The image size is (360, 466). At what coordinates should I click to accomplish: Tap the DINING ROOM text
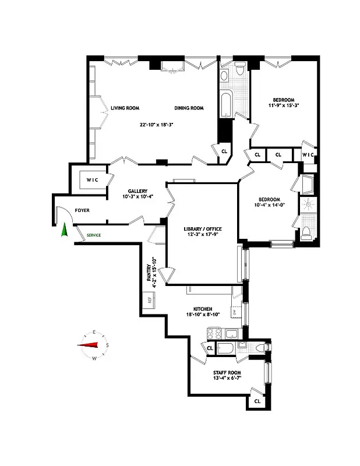pyautogui.click(x=188, y=108)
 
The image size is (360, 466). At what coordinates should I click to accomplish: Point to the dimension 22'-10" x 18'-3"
pyautogui.click(x=157, y=124)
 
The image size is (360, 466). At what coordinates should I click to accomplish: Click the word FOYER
pyautogui.click(x=82, y=210)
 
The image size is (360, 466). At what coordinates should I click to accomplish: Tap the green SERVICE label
pyautogui.click(x=94, y=235)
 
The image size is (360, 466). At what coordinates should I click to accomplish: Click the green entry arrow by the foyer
pyautogui.click(x=64, y=232)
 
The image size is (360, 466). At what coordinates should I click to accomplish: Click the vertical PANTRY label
pyautogui.click(x=150, y=274)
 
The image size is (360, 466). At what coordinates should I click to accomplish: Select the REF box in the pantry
pyautogui.click(x=150, y=301)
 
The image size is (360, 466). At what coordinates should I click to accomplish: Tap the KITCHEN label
pyautogui.click(x=202, y=309)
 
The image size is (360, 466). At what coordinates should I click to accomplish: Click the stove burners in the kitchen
pyautogui.click(x=213, y=334)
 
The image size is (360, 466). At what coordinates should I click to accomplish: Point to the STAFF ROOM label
pyautogui.click(x=227, y=372)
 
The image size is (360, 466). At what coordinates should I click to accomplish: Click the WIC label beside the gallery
pyautogui.click(x=92, y=180)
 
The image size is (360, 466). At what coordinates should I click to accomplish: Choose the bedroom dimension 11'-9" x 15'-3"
pyautogui.click(x=283, y=105)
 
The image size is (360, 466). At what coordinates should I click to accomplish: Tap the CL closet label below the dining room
pyautogui.click(x=224, y=150)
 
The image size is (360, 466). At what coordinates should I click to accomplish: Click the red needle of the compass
pyautogui.click(x=87, y=344)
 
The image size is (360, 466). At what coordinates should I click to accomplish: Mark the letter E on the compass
pyautogui.click(x=94, y=333)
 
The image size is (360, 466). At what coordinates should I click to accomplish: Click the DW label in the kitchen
pyautogui.click(x=234, y=313)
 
